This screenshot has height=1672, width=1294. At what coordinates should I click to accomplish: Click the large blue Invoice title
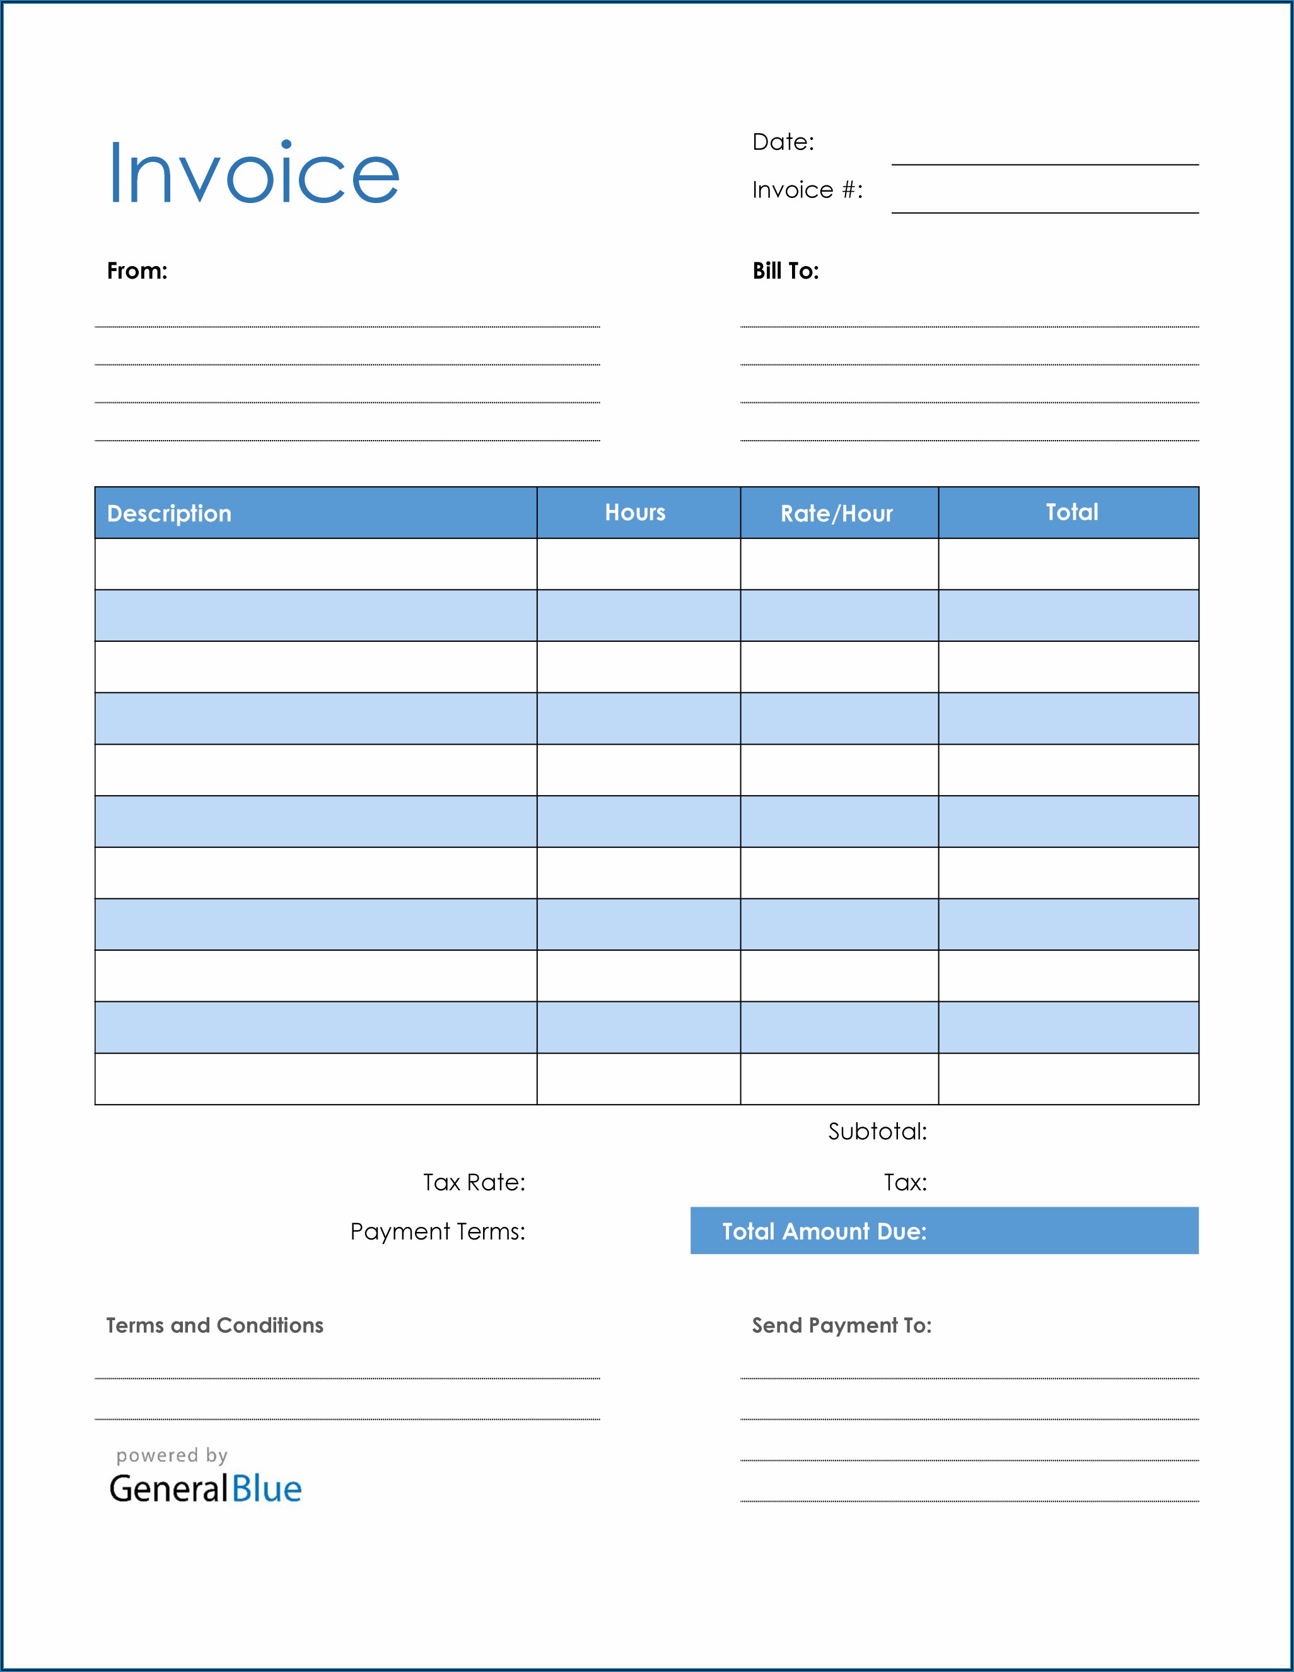254,174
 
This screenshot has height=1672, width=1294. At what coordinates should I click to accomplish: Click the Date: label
783,142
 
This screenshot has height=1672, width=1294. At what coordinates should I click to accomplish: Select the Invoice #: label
807,190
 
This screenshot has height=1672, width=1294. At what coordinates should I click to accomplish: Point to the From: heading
137,271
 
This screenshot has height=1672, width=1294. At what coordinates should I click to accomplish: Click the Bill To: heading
786,271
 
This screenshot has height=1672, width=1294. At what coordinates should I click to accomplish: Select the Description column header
169,514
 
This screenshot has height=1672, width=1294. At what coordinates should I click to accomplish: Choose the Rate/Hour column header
836,514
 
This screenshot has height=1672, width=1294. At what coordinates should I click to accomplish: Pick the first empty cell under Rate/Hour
839,564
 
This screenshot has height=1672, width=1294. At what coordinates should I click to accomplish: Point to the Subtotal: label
877,1132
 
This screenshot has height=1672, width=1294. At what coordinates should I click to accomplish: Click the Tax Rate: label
474,1183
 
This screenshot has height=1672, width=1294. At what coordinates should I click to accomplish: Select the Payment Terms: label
437,1232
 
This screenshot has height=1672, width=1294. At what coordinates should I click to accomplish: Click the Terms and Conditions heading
214,1326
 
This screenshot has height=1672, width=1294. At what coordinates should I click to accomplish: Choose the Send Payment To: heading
841,1326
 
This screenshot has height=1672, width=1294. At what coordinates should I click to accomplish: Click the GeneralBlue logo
205,1489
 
